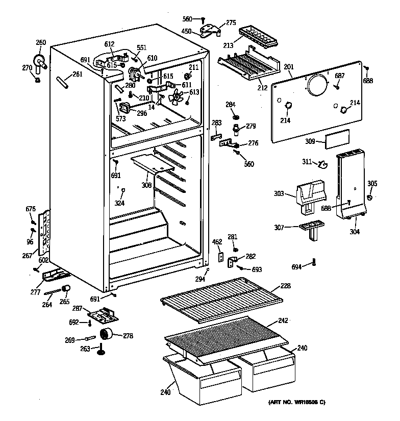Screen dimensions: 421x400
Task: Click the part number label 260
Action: coord(41,42)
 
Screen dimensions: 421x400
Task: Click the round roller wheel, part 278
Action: coord(106,335)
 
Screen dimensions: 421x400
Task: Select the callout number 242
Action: coord(283,320)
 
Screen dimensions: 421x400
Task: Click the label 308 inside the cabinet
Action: coord(146,185)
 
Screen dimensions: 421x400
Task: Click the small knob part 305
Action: coord(370,197)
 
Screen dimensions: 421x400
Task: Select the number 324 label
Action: coord(119,203)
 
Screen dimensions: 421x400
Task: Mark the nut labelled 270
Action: coord(38,79)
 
